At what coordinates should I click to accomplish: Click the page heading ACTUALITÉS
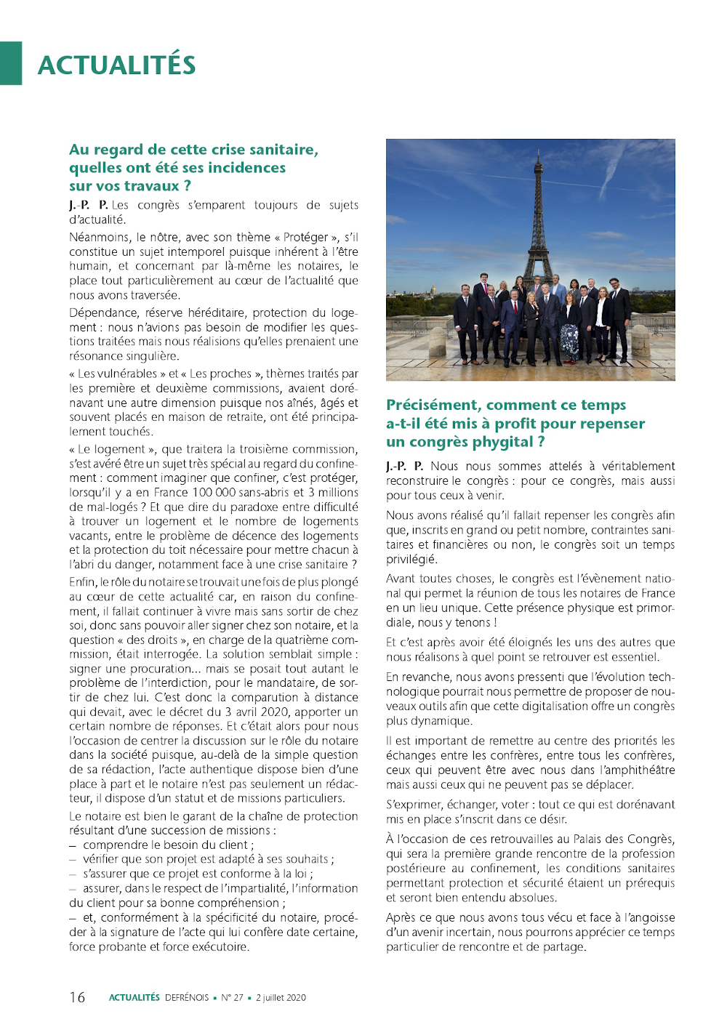[x=116, y=65]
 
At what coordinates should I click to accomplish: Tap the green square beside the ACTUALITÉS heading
[x=11, y=63]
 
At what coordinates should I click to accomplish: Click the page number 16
[x=77, y=997]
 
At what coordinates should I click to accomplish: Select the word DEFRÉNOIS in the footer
[x=187, y=998]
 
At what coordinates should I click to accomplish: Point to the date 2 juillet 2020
[x=281, y=998]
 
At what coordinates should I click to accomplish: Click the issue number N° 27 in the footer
[x=232, y=998]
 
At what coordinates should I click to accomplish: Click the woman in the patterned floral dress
[x=570, y=331]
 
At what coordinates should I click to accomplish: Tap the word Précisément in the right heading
[x=433, y=405]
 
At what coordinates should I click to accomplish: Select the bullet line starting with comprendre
[x=167, y=845]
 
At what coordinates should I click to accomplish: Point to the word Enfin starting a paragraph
[x=83, y=582]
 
